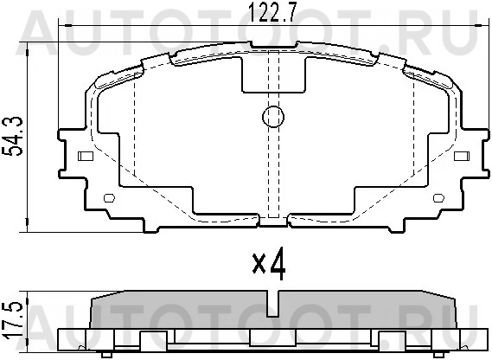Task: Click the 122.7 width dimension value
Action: click(270, 12)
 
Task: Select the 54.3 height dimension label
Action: click(12, 138)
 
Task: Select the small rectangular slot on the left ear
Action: click(86, 157)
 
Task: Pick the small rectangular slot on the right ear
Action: click(463, 157)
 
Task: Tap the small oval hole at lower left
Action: click(109, 199)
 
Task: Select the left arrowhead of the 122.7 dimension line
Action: click(61, 29)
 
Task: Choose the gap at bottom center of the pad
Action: click(274, 219)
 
